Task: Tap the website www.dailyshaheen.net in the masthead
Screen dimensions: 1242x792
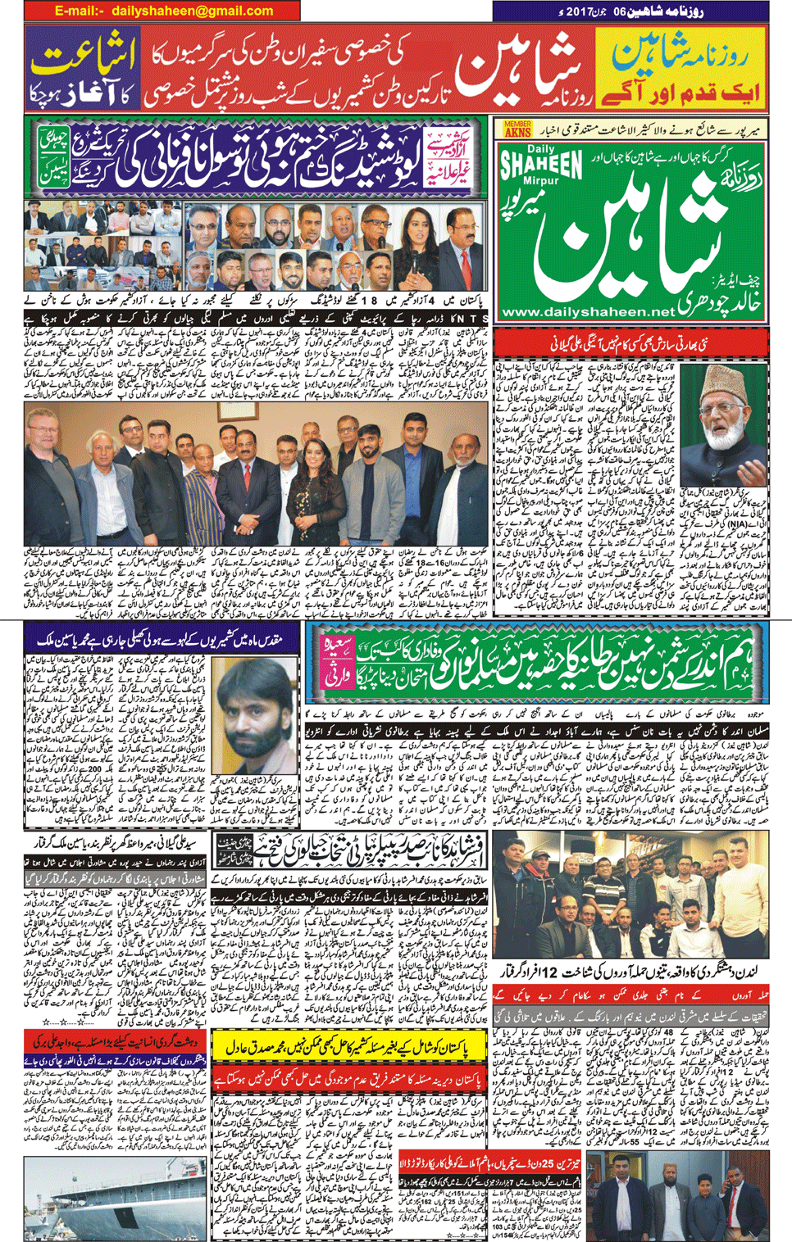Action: click(x=587, y=312)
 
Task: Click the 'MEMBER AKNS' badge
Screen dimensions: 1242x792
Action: click(x=517, y=129)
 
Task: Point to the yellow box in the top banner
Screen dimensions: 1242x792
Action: click(x=680, y=68)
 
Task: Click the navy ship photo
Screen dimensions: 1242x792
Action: click(x=114, y=1197)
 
